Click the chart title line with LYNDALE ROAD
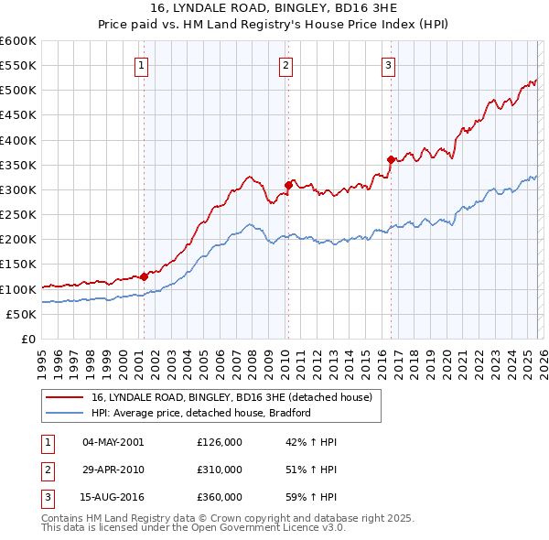[274, 9]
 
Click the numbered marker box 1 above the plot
[144, 65]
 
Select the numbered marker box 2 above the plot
[286, 65]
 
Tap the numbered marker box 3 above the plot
[389, 65]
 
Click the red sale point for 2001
[144, 276]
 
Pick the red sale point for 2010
[287, 185]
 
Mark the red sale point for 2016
[391, 160]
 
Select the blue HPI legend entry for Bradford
[201, 413]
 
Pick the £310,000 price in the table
[220, 470]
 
